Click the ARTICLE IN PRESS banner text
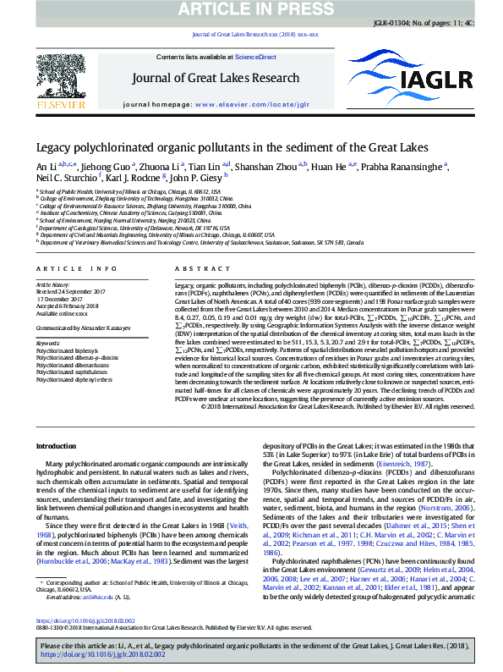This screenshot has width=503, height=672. (x=250, y=9)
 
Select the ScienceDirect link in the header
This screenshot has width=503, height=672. (x=255, y=57)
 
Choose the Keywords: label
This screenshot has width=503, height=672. (x=48, y=343)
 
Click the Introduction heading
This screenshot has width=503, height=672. (x=63, y=446)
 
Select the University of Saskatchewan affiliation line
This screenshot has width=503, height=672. (x=200, y=241)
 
